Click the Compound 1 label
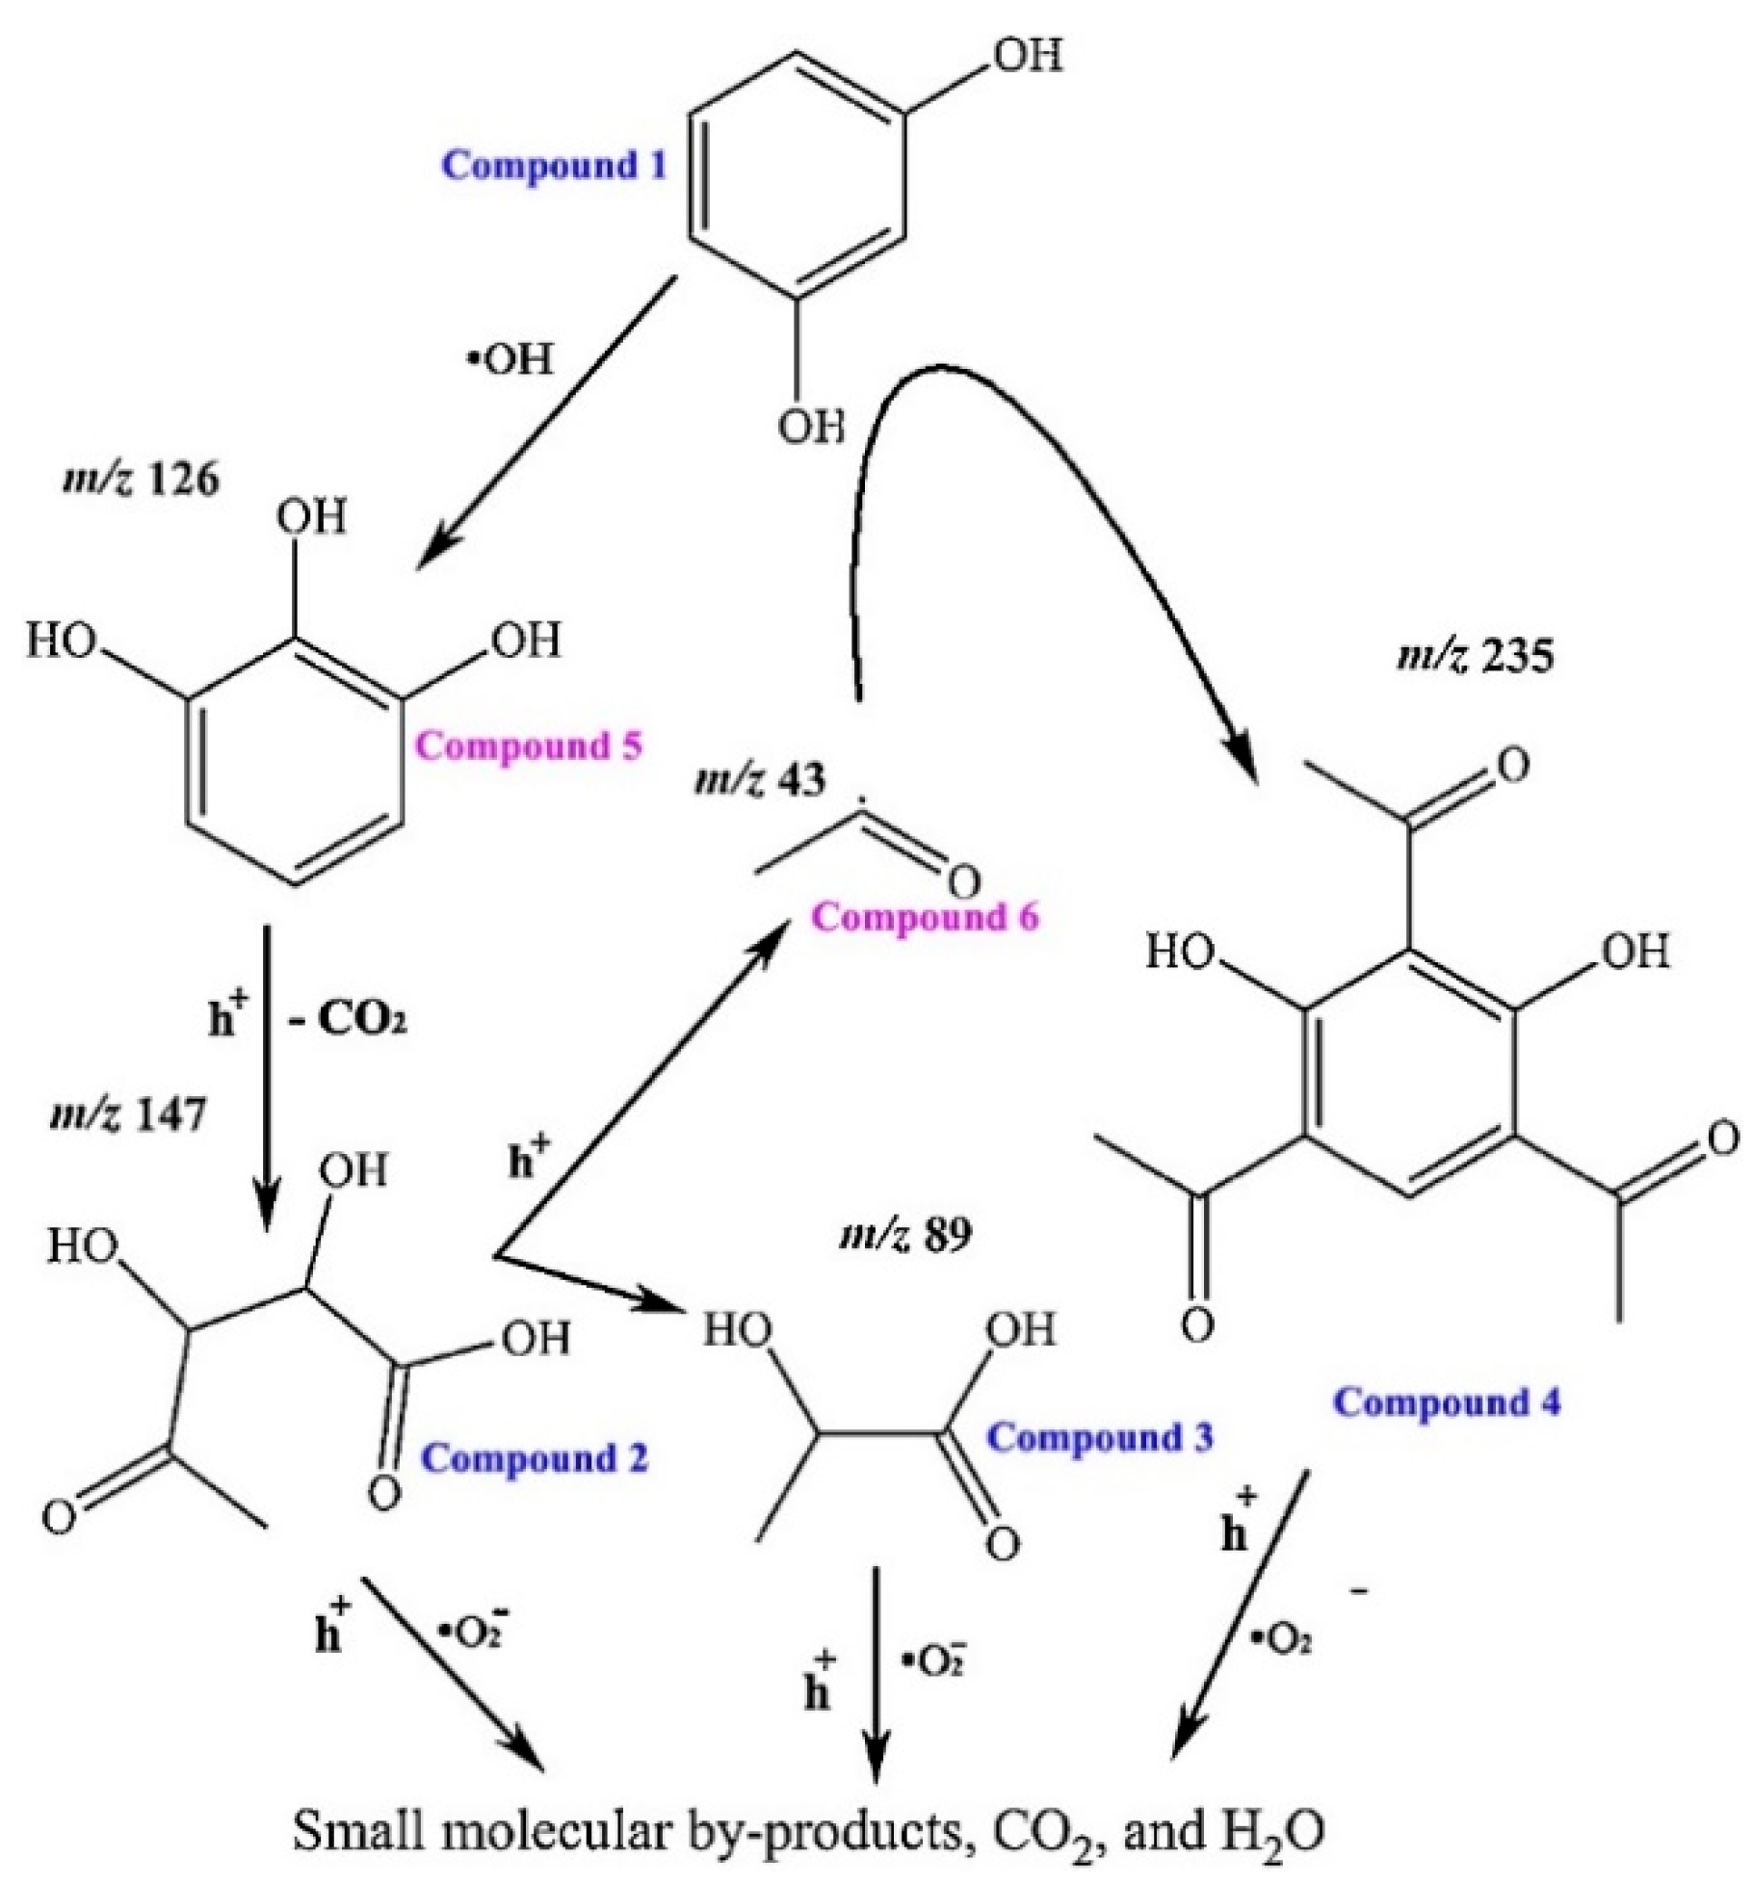pos(553,166)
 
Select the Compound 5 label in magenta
pos(529,746)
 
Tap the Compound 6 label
pos(925,918)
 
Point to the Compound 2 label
pos(536,1458)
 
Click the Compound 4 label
pos(1446,1402)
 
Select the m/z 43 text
pos(760,780)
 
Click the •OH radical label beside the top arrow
pos(511,360)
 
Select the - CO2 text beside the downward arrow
pos(349,1020)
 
